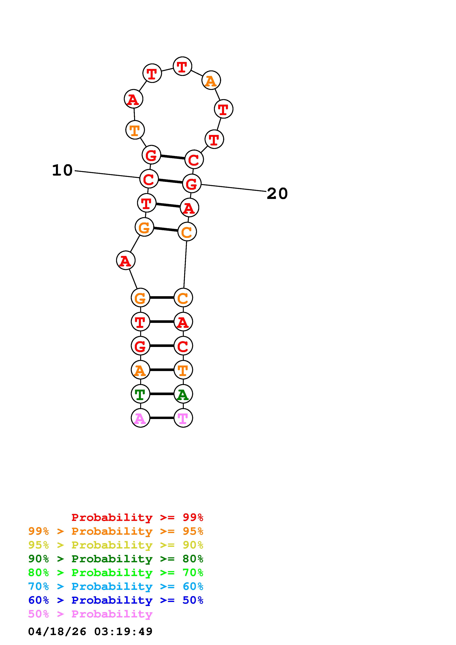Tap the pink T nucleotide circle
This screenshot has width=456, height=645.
point(183,418)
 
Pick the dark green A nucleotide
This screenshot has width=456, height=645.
point(183,394)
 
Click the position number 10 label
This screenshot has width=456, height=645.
point(62,170)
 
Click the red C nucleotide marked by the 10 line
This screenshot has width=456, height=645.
point(149,179)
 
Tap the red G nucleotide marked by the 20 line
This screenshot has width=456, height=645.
point(192,183)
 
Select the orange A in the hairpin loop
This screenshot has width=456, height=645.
point(211,80)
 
